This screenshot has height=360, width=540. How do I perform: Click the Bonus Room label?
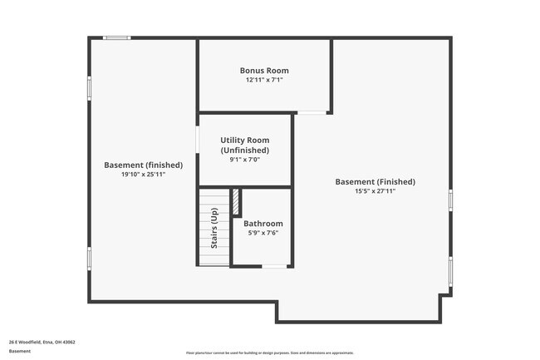(x=264, y=71)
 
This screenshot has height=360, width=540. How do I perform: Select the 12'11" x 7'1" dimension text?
(x=264, y=81)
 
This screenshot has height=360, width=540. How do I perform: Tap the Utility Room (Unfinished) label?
(x=244, y=145)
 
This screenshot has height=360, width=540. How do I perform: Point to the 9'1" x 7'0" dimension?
(x=244, y=160)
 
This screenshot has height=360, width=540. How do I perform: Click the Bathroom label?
(x=263, y=224)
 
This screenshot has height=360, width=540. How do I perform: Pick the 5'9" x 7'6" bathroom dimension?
(x=263, y=234)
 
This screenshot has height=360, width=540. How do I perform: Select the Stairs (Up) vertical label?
(x=214, y=229)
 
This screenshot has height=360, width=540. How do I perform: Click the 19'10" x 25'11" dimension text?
(x=143, y=175)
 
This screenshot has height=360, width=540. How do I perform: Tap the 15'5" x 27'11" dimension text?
(x=375, y=191)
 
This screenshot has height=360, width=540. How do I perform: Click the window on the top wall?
(x=116, y=37)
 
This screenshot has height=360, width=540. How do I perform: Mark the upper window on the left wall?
(x=89, y=90)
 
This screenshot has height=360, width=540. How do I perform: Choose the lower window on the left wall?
(x=89, y=258)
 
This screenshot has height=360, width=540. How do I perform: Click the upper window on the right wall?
(x=450, y=200)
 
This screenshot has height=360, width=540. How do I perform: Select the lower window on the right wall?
(x=450, y=270)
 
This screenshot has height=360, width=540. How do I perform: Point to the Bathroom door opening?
(x=273, y=266)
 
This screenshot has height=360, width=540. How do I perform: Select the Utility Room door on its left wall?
(x=197, y=138)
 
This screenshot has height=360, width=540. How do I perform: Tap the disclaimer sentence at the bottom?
(x=269, y=353)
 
